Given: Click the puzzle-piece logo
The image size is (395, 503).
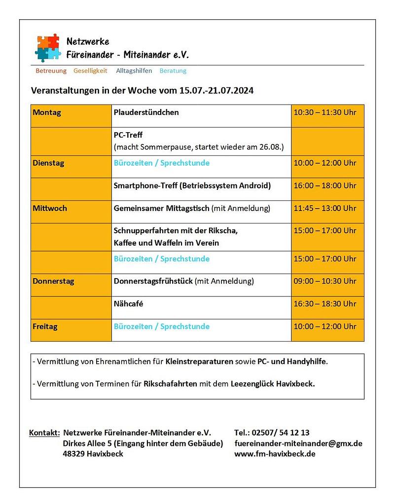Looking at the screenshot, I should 48,48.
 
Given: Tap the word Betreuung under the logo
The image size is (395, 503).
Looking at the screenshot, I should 51,71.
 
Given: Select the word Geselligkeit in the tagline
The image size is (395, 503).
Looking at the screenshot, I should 90,71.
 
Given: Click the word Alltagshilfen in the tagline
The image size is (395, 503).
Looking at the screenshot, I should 134,71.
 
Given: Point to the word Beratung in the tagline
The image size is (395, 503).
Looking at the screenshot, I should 173,71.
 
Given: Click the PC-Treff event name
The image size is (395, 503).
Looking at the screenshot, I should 128,135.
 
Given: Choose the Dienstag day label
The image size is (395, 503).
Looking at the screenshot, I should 48,163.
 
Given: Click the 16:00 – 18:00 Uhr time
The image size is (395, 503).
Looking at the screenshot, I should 324,186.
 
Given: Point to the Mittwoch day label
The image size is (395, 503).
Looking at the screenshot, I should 50,208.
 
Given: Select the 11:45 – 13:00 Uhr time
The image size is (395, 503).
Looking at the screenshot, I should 324,208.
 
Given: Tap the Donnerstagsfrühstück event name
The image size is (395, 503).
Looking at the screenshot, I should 153,281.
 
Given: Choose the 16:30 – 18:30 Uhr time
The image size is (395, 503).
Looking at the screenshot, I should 324,304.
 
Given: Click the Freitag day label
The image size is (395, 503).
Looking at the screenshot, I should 45,326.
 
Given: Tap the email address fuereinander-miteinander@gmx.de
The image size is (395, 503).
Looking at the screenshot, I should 298,443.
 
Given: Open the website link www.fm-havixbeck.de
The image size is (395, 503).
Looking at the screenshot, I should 275,454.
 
